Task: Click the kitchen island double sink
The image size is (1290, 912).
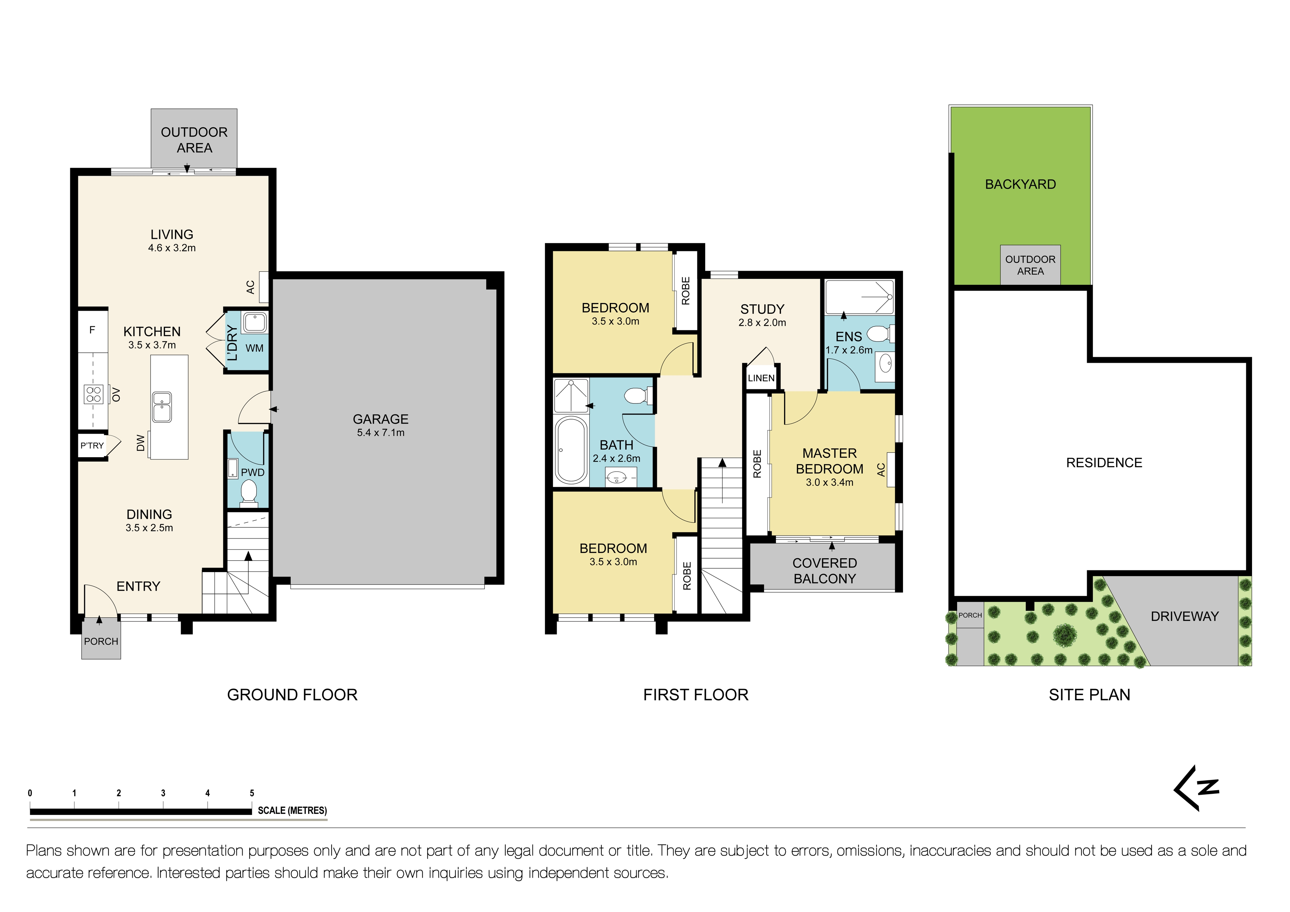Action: click(162, 407)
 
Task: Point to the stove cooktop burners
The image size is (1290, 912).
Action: click(93, 394)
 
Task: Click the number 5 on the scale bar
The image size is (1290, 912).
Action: click(252, 793)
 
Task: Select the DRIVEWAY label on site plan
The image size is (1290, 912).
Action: click(1185, 616)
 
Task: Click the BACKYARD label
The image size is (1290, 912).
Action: click(1020, 184)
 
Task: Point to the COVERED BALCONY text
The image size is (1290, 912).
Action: click(824, 571)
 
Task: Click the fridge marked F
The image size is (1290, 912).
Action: click(92, 330)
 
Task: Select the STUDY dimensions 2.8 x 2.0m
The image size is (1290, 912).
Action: click(762, 322)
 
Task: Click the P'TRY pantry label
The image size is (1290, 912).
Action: click(92, 446)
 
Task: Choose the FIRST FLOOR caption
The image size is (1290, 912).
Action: click(696, 695)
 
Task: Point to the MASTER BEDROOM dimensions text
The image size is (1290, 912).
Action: click(829, 482)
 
